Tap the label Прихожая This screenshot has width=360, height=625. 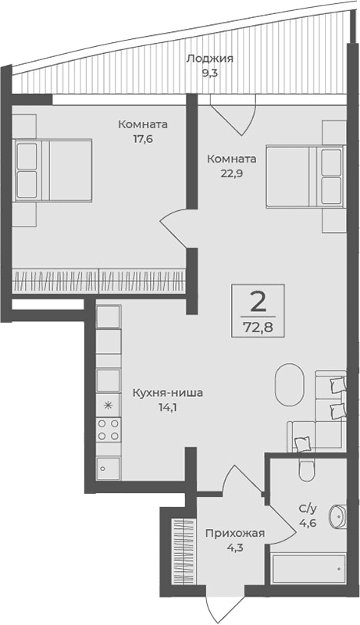[234, 534]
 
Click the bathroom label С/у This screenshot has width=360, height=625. [308, 508]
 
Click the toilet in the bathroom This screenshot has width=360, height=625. [306, 468]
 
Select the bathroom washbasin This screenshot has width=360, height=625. [337, 517]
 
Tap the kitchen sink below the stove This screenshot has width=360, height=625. [108, 466]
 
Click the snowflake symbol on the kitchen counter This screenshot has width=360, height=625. [108, 405]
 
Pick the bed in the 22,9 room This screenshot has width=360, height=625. [305, 176]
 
